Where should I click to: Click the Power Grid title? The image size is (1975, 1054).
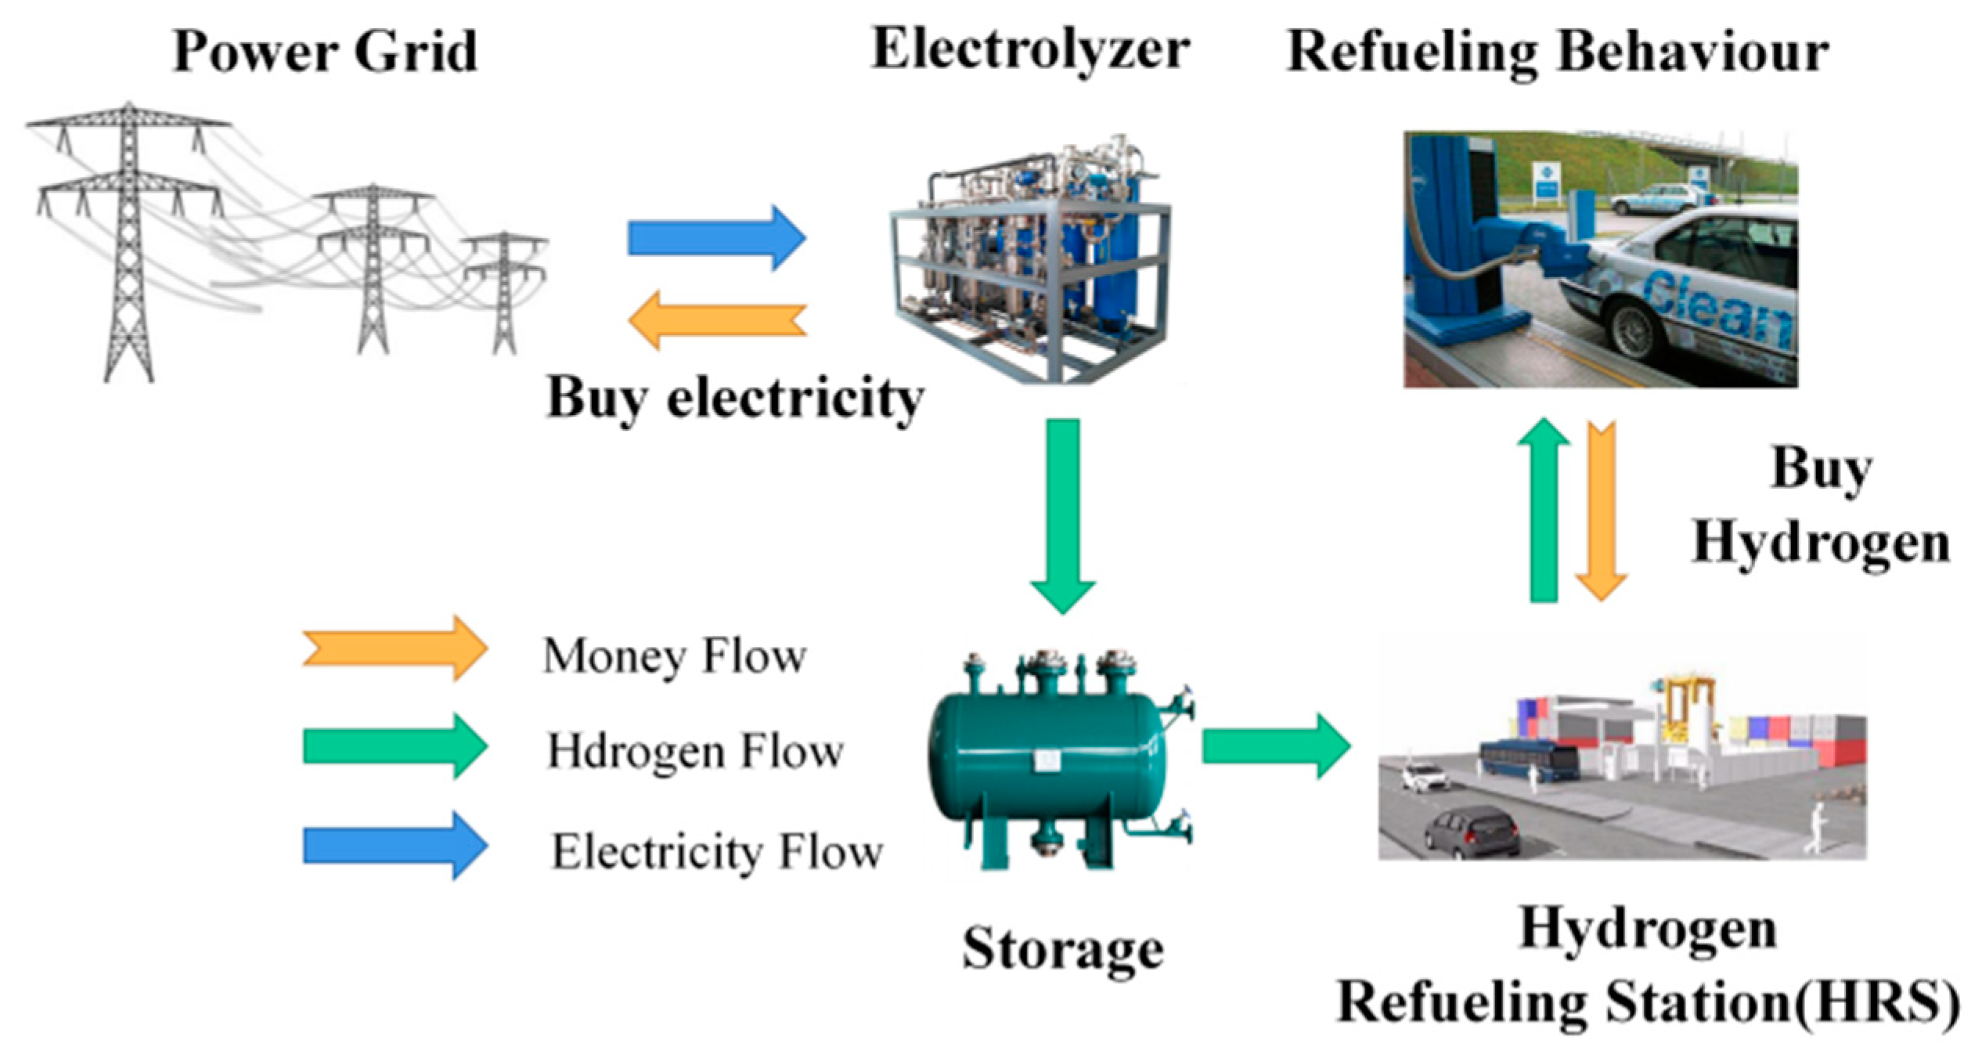324,52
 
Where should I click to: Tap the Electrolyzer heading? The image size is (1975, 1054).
1030,49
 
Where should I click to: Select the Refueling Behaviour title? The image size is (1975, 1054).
1557,52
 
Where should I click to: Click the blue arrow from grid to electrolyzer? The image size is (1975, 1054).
715,237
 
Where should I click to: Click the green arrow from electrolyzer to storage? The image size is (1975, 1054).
1062,513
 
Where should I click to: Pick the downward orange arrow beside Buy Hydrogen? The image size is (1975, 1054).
1602,509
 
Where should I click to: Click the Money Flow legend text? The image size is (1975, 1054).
674,655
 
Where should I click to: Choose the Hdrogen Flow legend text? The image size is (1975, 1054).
694,752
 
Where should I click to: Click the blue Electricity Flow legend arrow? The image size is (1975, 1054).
395,846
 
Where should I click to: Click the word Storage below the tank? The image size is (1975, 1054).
1062,949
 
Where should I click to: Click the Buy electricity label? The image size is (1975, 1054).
734,399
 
